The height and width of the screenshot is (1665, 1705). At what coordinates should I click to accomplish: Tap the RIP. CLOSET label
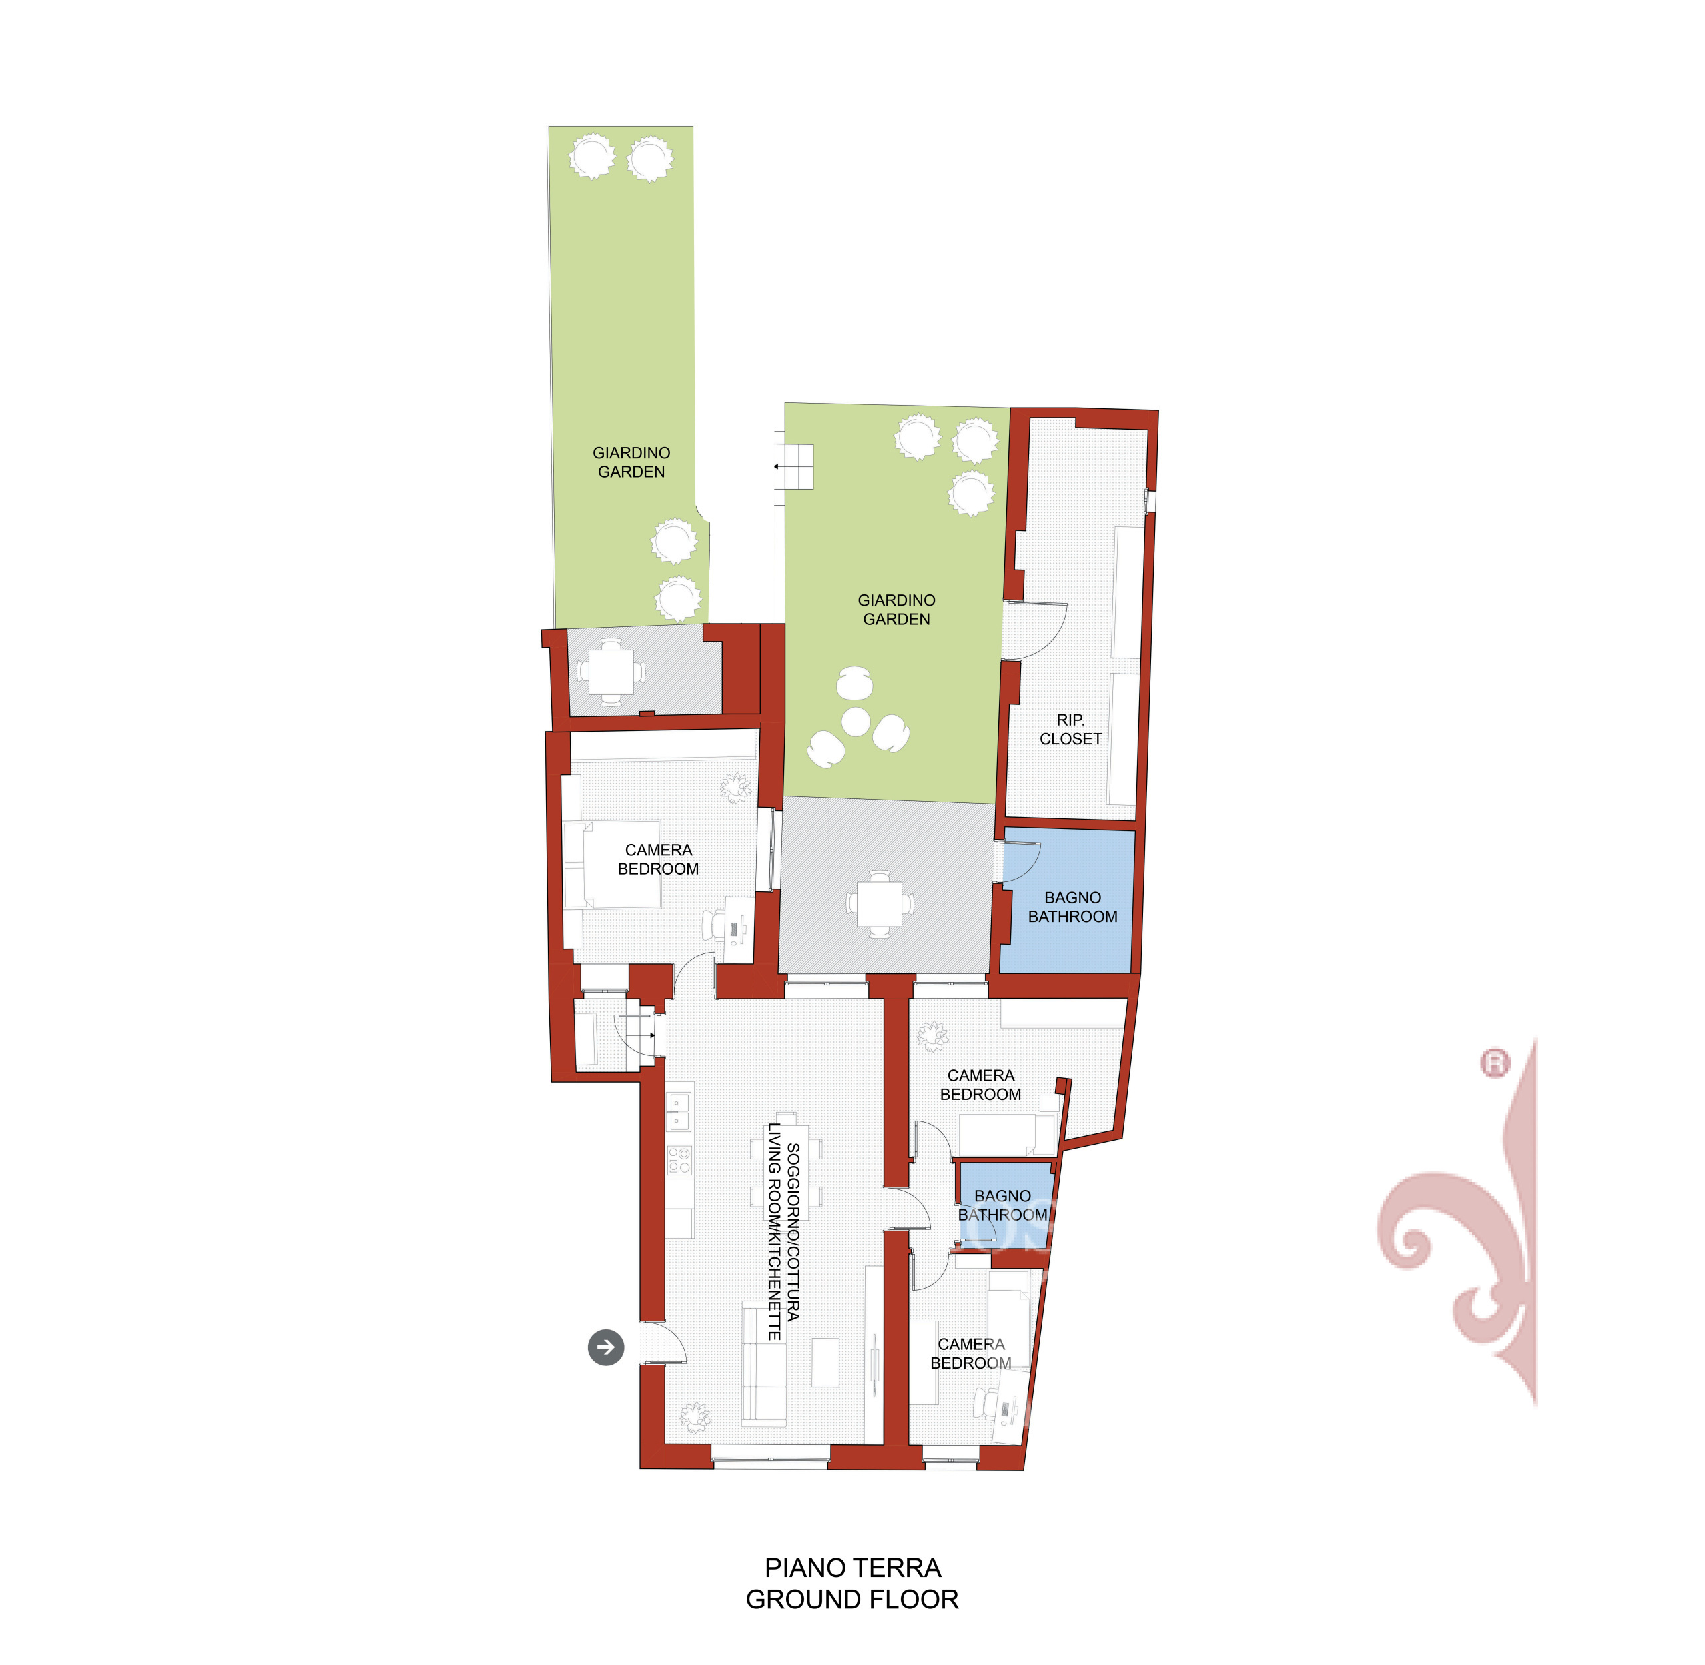(x=1070, y=730)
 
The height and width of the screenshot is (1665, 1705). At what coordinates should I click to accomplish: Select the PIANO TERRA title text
(x=852, y=1568)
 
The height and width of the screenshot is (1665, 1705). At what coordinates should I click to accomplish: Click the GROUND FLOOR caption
(x=852, y=1600)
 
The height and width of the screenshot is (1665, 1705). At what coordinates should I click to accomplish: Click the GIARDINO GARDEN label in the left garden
(x=631, y=462)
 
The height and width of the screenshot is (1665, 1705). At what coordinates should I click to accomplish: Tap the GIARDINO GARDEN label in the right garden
(x=896, y=610)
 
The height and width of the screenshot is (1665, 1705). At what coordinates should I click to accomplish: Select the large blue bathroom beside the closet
(x=1067, y=901)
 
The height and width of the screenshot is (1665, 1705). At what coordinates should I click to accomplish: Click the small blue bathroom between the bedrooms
(x=1006, y=1203)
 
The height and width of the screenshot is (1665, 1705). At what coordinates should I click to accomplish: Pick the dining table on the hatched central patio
(x=880, y=904)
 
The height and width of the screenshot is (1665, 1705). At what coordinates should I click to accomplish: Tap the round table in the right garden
(x=855, y=722)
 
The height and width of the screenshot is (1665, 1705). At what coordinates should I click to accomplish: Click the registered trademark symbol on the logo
(x=1495, y=1063)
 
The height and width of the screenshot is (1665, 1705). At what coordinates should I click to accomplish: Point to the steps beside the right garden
(x=797, y=467)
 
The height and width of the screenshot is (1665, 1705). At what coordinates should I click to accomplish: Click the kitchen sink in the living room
(x=679, y=1111)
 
